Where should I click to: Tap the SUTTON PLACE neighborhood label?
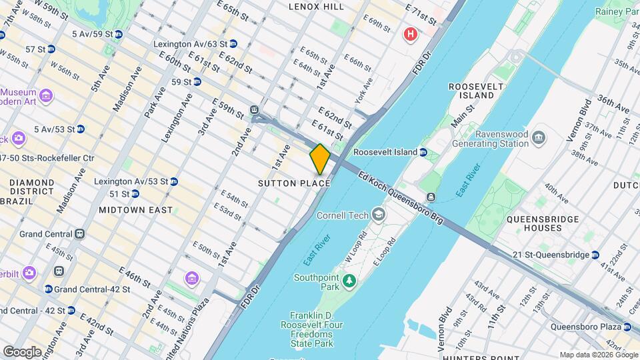(x=294, y=183)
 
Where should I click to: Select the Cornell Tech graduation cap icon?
(x=379, y=215)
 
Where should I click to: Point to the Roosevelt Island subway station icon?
(x=423, y=152)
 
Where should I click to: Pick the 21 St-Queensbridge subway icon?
(x=595, y=255)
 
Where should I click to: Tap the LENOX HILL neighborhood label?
(x=316, y=7)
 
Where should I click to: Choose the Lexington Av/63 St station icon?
(x=233, y=44)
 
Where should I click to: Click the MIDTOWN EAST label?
(x=135, y=210)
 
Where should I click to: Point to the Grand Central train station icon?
(x=80, y=234)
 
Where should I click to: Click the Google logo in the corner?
(x=22, y=351)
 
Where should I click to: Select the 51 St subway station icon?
(x=135, y=194)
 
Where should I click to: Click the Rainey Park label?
(x=617, y=11)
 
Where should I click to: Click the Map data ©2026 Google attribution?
(x=599, y=355)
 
